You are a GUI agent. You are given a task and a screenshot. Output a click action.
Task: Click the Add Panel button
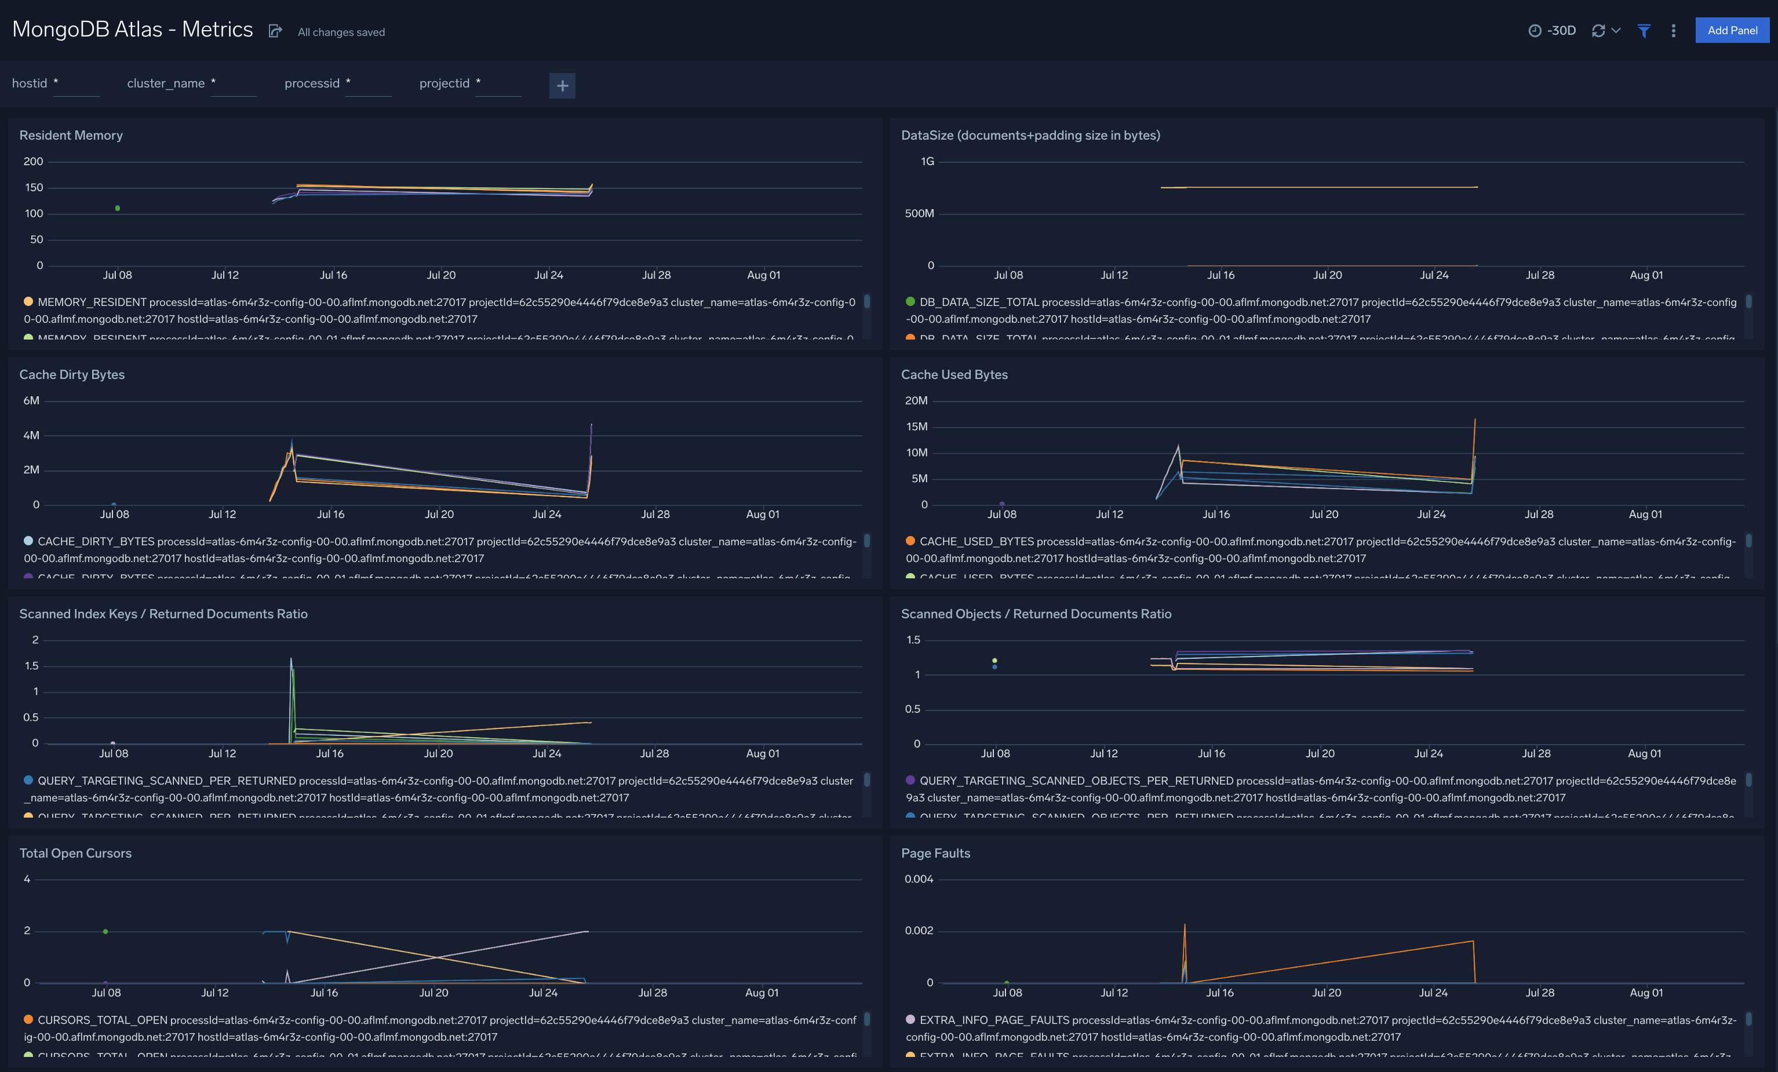click(x=1731, y=30)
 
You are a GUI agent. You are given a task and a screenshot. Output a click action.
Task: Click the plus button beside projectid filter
click(x=562, y=86)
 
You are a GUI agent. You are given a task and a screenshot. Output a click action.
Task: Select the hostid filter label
click(x=30, y=83)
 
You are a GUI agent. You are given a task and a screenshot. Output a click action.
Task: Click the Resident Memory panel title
click(x=71, y=135)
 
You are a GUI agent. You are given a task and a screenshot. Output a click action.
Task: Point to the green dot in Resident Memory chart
click(x=118, y=209)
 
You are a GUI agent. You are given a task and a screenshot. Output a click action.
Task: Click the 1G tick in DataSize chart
click(x=927, y=162)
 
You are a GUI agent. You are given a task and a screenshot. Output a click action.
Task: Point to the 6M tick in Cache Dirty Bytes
click(x=31, y=400)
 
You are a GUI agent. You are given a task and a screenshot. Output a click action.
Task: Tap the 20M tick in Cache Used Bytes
click(x=916, y=400)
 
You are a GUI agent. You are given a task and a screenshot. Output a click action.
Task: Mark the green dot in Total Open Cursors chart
click(x=105, y=931)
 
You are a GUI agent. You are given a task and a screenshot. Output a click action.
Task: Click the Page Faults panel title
click(x=935, y=853)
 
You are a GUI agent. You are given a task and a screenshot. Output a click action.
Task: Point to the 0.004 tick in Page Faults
click(x=918, y=878)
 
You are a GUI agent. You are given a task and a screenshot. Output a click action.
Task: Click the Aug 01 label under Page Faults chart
click(x=1645, y=993)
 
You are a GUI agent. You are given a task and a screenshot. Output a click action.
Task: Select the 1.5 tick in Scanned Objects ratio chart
click(x=913, y=640)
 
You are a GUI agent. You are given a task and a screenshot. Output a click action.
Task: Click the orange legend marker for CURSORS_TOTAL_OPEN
click(x=28, y=1019)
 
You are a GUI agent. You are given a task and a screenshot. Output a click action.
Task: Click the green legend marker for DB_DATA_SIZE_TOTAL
click(x=910, y=301)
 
